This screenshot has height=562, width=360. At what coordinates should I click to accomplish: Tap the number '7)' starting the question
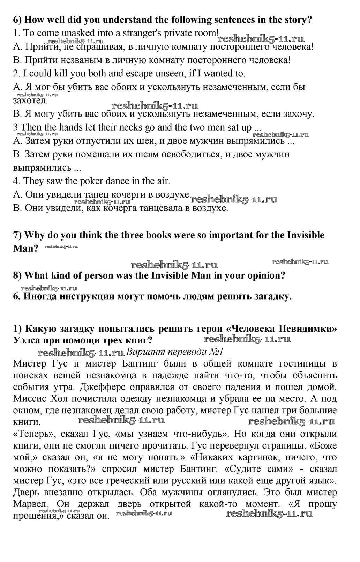point(18,235)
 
